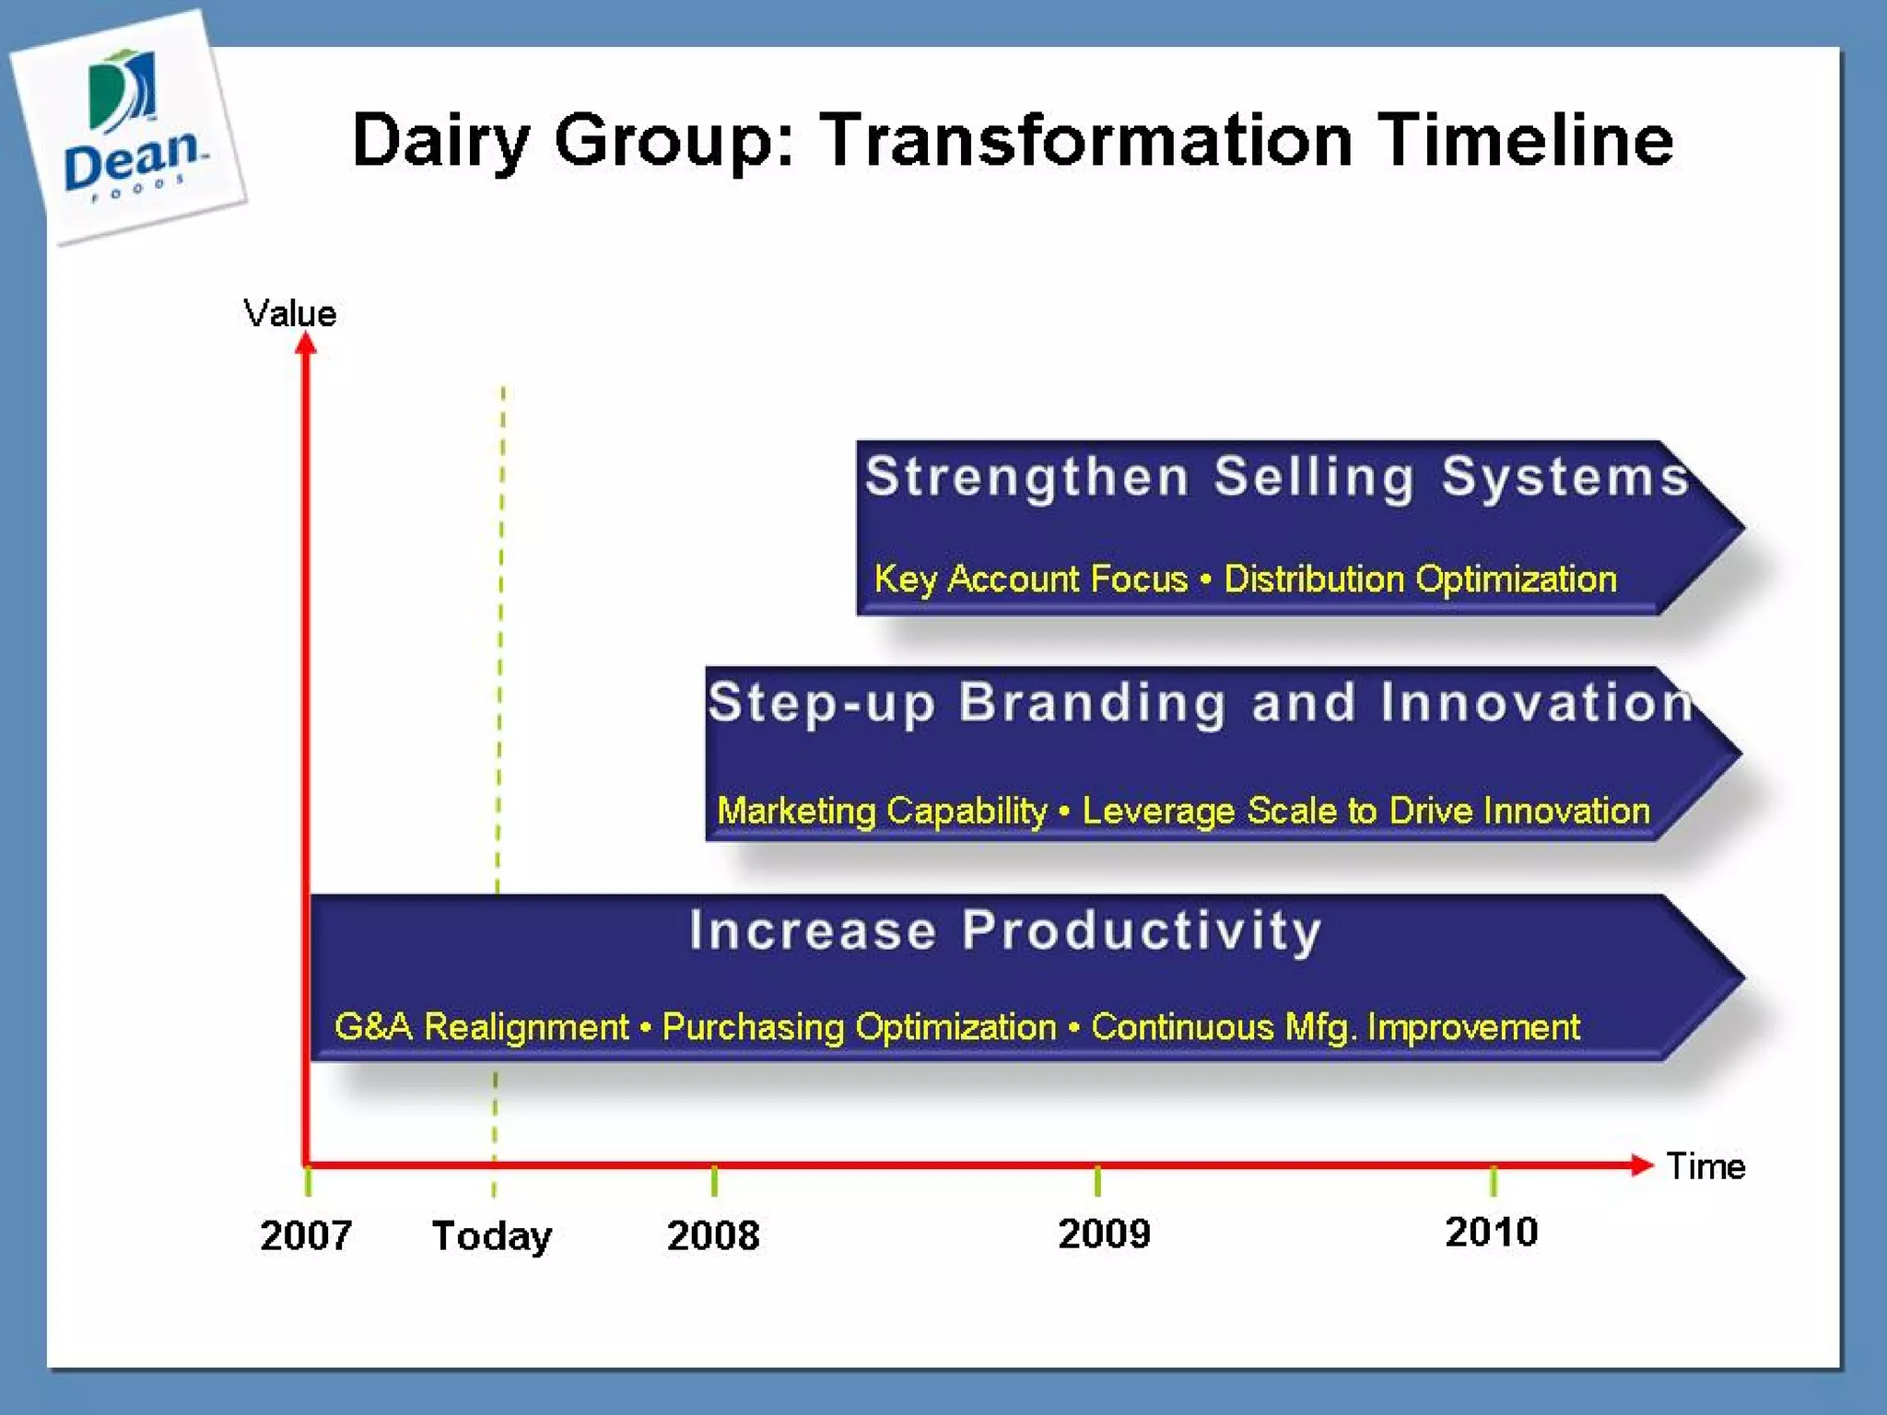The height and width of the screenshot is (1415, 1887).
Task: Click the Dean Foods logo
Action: [129, 124]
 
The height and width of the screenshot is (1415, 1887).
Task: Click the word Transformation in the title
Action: [1087, 140]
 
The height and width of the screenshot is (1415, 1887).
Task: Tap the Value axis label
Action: [289, 313]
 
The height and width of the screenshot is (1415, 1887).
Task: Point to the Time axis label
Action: [1705, 1166]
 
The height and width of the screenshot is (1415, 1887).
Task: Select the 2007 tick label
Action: [306, 1234]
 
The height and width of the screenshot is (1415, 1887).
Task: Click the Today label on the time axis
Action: [492, 1235]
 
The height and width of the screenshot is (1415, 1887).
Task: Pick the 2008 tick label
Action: [713, 1234]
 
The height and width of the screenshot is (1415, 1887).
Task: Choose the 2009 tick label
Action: [1104, 1233]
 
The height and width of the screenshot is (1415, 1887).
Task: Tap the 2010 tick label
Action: [1491, 1232]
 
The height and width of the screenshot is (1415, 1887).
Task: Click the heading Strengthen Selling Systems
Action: [1277, 477]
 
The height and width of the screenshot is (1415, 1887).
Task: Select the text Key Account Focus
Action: [1030, 579]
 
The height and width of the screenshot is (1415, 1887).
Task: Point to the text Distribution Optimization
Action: [1420, 579]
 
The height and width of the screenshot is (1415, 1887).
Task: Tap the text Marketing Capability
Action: [882, 811]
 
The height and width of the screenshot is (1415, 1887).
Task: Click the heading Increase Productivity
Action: [1005, 930]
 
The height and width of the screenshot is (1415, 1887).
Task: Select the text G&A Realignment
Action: [481, 1026]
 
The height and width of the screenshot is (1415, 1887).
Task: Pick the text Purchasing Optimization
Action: [859, 1026]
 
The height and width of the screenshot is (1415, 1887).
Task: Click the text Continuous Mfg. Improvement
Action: [1335, 1026]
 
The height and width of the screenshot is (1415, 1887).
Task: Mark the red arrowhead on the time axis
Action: [1641, 1164]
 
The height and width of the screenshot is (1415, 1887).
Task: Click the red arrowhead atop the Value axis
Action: [306, 344]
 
